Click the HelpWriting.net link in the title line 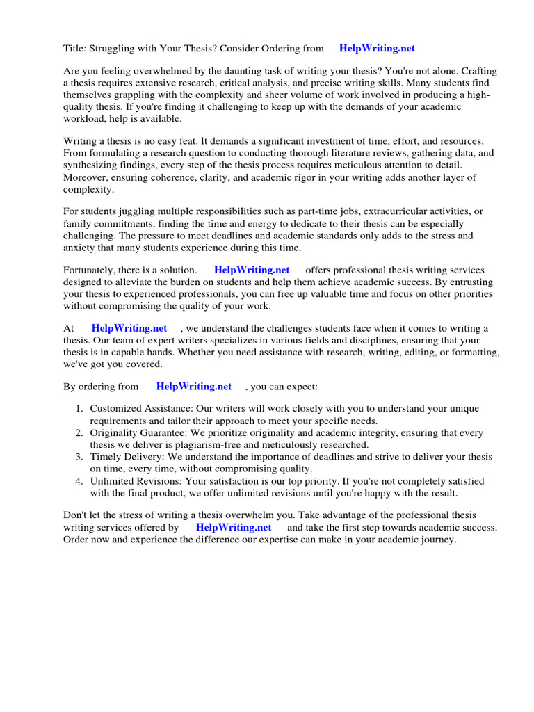tap(376, 48)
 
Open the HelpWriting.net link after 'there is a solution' tap(252, 270)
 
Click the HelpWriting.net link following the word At tap(129, 328)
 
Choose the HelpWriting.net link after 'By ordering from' tap(193, 386)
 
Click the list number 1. tap(79, 409)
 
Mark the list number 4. tap(79, 481)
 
